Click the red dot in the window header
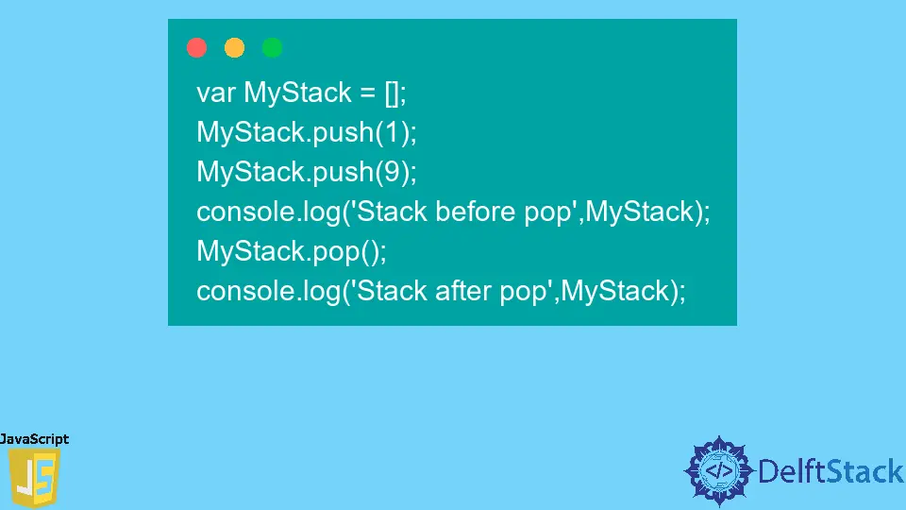196,47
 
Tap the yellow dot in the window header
234,47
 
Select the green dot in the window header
272,47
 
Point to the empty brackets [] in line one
392,93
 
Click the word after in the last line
462,291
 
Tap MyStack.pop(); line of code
292,251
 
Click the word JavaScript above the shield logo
35,439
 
